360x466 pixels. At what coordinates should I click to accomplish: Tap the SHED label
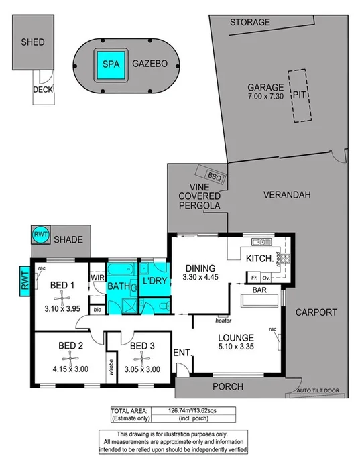(32, 42)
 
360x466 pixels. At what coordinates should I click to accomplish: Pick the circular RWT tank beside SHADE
(38, 235)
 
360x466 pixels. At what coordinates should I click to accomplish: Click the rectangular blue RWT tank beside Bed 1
(25, 280)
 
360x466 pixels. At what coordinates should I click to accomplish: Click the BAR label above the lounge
(260, 291)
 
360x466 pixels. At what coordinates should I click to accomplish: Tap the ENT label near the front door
(181, 352)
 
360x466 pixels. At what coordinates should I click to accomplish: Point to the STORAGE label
(250, 22)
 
